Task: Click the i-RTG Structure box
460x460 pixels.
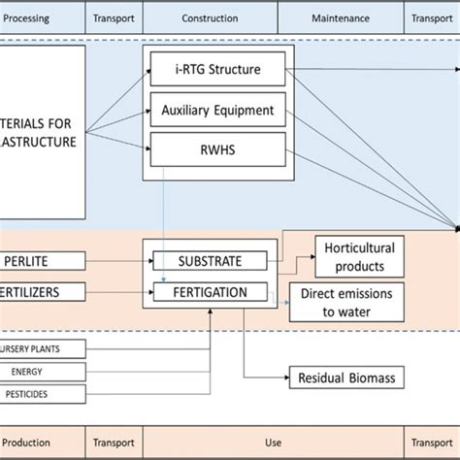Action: (x=218, y=69)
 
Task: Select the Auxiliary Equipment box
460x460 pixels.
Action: (x=218, y=110)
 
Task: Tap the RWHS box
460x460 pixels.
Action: (x=218, y=149)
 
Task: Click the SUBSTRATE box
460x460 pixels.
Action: (x=209, y=260)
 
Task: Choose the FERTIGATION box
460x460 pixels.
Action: (x=209, y=291)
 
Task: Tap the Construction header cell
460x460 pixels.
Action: (x=210, y=16)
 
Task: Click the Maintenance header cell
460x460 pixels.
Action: (x=339, y=16)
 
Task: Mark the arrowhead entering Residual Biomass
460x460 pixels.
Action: (x=285, y=378)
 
